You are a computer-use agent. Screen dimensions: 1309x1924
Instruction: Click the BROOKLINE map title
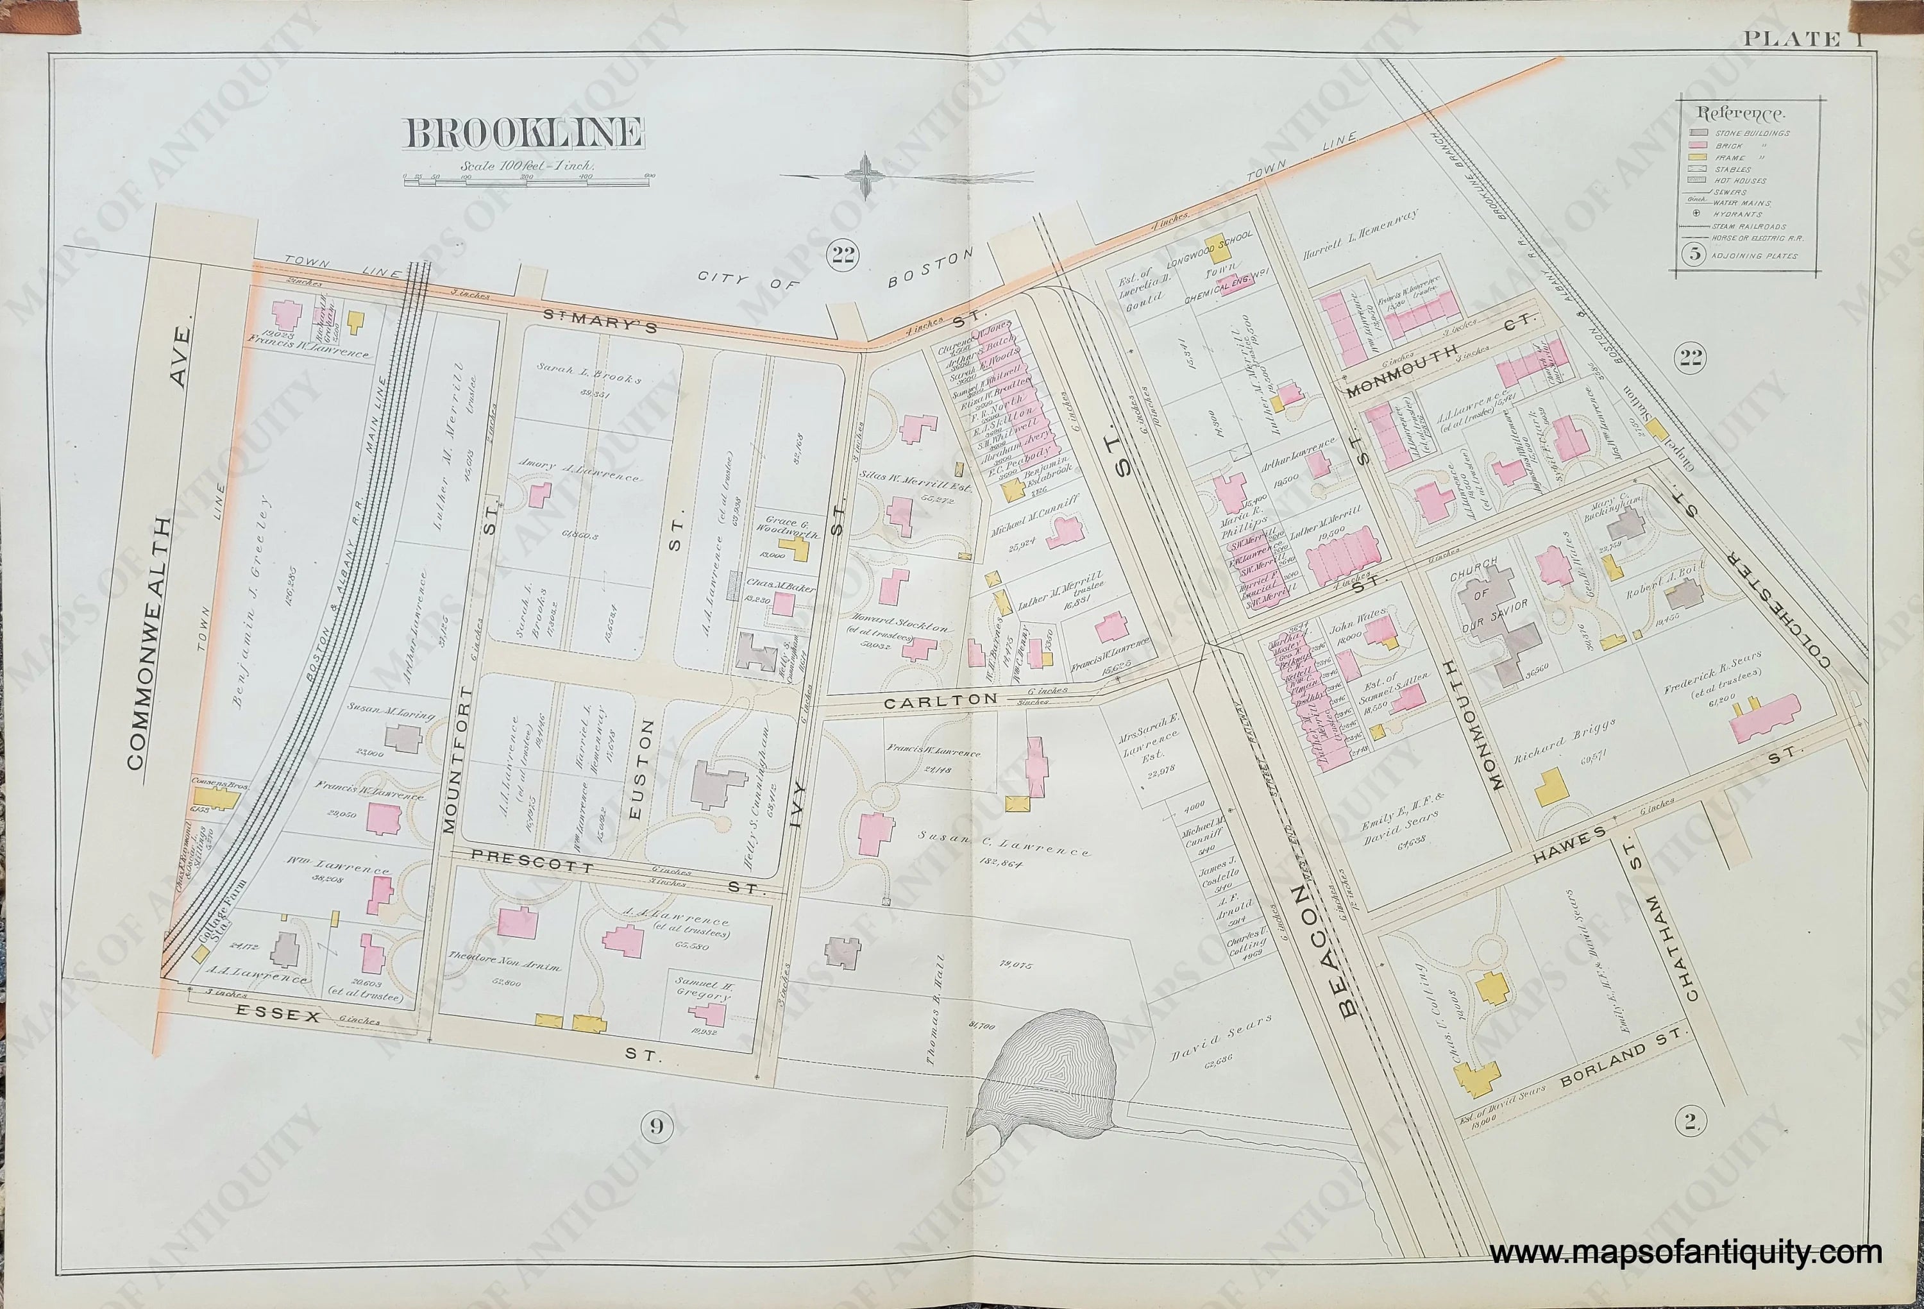[524, 134]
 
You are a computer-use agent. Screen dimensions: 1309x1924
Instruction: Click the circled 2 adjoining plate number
[1691, 1122]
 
